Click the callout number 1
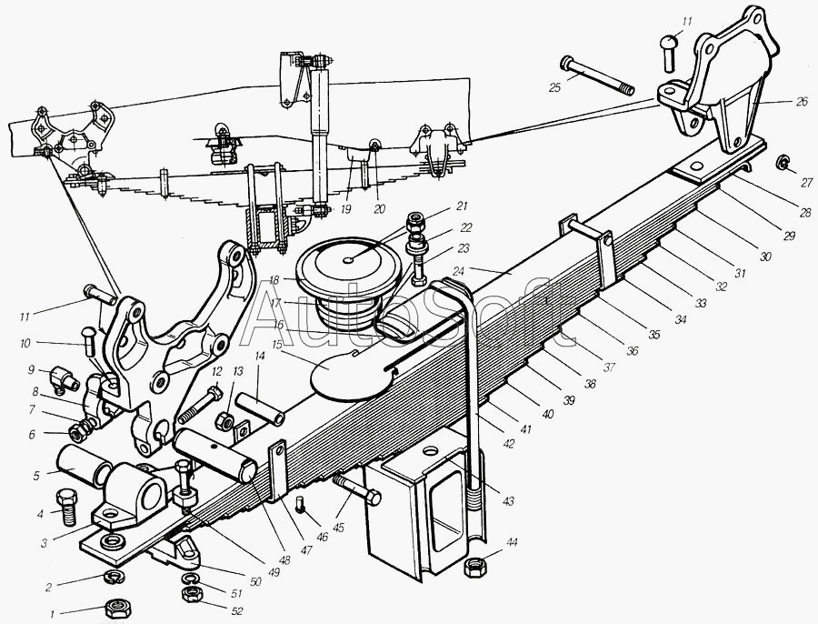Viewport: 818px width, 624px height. point(52,615)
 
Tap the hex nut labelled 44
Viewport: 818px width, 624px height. point(474,567)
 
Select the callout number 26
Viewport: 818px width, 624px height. point(802,103)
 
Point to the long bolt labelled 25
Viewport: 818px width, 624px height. point(597,76)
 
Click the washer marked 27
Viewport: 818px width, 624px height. point(781,163)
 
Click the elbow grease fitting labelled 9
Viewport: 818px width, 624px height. point(63,379)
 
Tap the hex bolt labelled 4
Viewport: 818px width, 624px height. point(65,507)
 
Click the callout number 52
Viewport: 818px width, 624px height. point(237,611)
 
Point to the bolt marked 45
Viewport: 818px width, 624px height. point(356,489)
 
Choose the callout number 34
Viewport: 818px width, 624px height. point(680,319)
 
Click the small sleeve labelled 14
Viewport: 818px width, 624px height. point(260,408)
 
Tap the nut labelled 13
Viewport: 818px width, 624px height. point(224,421)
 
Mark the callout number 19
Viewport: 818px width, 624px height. point(345,209)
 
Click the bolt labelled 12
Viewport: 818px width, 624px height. point(200,404)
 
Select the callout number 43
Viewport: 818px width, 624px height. point(508,501)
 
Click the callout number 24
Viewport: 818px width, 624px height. point(459,271)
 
